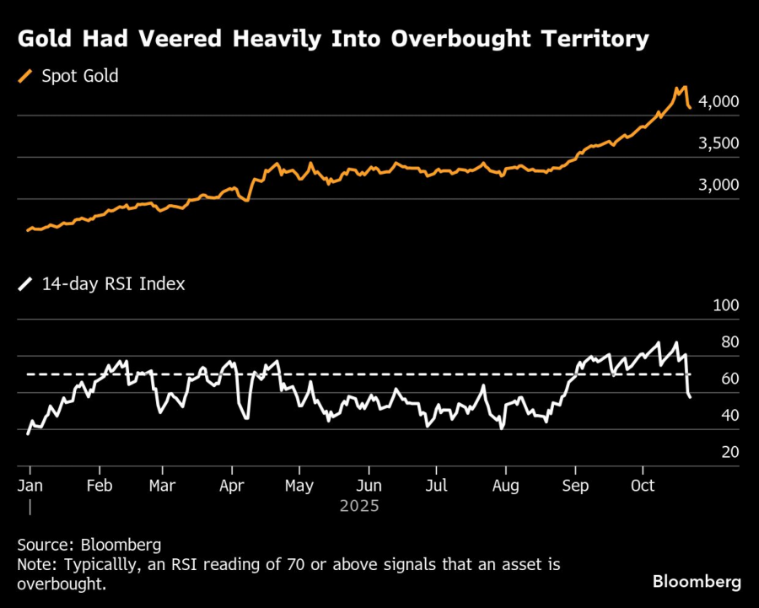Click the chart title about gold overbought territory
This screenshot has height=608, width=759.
[332, 39]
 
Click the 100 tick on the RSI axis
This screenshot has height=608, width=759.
[725, 306]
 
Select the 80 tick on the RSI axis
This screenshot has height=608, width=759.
[728, 342]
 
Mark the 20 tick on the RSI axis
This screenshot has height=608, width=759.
[728, 452]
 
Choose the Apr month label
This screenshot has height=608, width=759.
[231, 486]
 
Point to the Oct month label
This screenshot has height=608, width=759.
[643, 486]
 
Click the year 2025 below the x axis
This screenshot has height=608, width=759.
[359, 507]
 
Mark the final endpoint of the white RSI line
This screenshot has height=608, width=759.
[691, 396]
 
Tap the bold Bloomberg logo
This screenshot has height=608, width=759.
[697, 582]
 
